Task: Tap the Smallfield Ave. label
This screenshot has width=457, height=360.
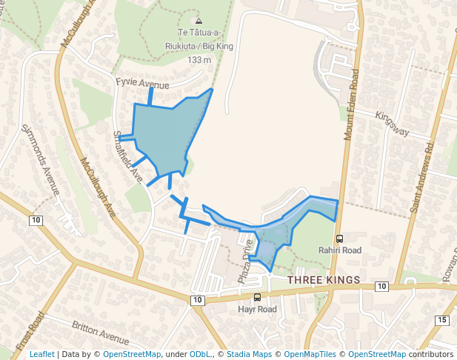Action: click(x=127, y=156)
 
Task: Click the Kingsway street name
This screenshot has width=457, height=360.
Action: click(x=393, y=124)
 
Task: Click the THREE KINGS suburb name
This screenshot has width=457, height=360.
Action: click(x=323, y=280)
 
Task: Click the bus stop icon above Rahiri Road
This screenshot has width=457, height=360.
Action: click(x=340, y=239)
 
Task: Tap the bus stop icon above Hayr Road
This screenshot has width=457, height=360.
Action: click(x=257, y=297)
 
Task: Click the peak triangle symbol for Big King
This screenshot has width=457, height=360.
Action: click(x=199, y=21)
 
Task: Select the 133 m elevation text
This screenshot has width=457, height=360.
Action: click(x=200, y=59)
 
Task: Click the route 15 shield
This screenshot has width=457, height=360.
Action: click(x=442, y=319)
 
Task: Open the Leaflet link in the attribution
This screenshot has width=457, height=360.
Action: click(x=42, y=354)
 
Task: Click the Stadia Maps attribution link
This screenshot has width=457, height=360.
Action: click(x=251, y=354)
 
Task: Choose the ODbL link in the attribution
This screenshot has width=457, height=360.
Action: click(x=200, y=354)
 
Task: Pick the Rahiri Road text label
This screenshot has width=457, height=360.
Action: click(x=340, y=250)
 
